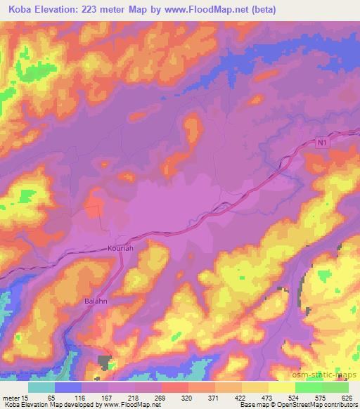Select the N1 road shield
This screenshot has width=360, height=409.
(x=321, y=143)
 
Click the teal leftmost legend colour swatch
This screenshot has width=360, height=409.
(x=41, y=387)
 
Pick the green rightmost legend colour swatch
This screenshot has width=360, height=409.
(x=335, y=387)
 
